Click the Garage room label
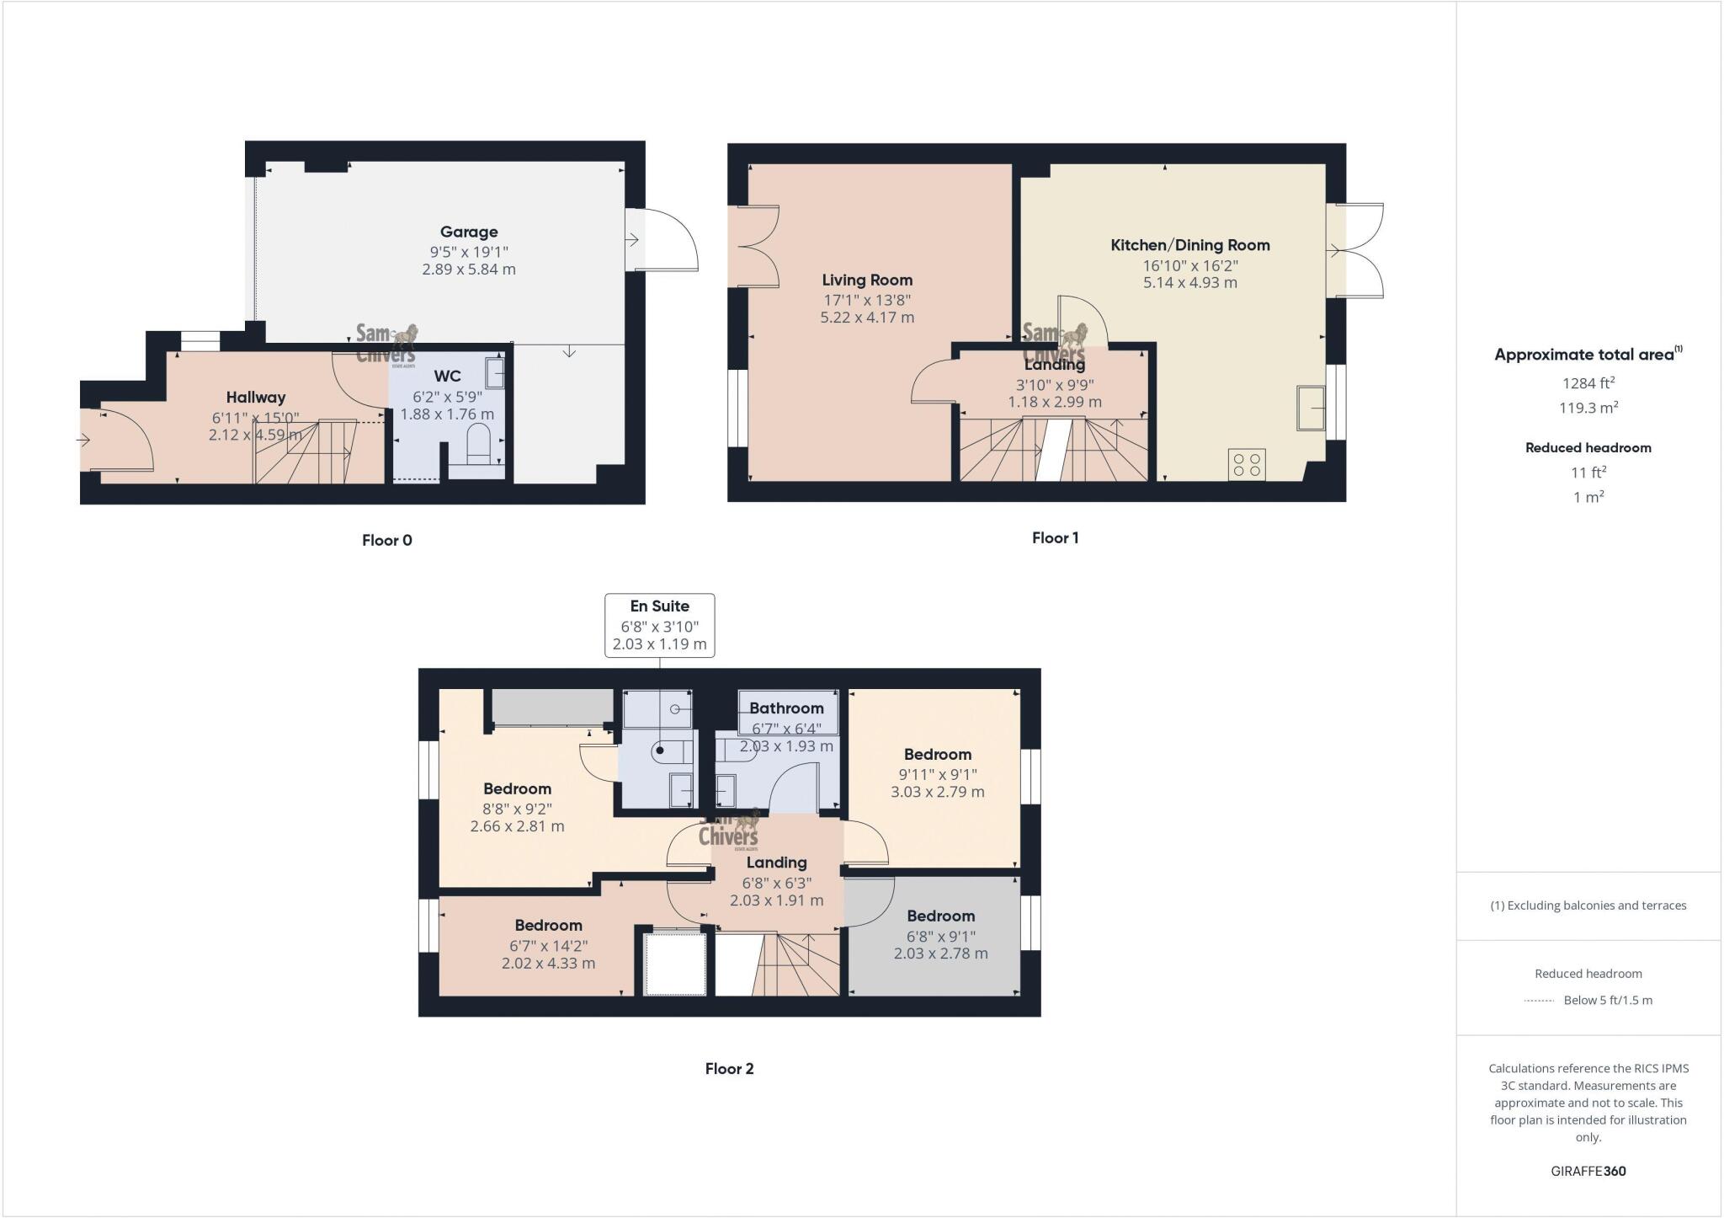(x=469, y=232)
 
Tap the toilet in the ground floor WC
(x=477, y=445)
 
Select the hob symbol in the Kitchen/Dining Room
(x=1247, y=464)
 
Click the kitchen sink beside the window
(x=1311, y=408)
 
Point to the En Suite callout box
(x=660, y=625)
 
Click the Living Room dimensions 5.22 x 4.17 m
(x=867, y=318)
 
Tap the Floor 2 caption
(x=729, y=1068)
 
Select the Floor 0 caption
(x=386, y=540)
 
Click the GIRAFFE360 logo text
(x=1588, y=1171)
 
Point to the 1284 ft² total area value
(x=1588, y=383)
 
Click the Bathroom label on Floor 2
(x=786, y=708)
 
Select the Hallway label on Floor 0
(x=256, y=397)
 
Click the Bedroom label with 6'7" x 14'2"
(x=548, y=925)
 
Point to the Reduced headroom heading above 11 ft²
(x=1588, y=448)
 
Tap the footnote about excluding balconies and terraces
(x=1588, y=905)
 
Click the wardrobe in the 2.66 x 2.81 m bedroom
(x=552, y=706)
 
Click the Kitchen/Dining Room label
(x=1189, y=245)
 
